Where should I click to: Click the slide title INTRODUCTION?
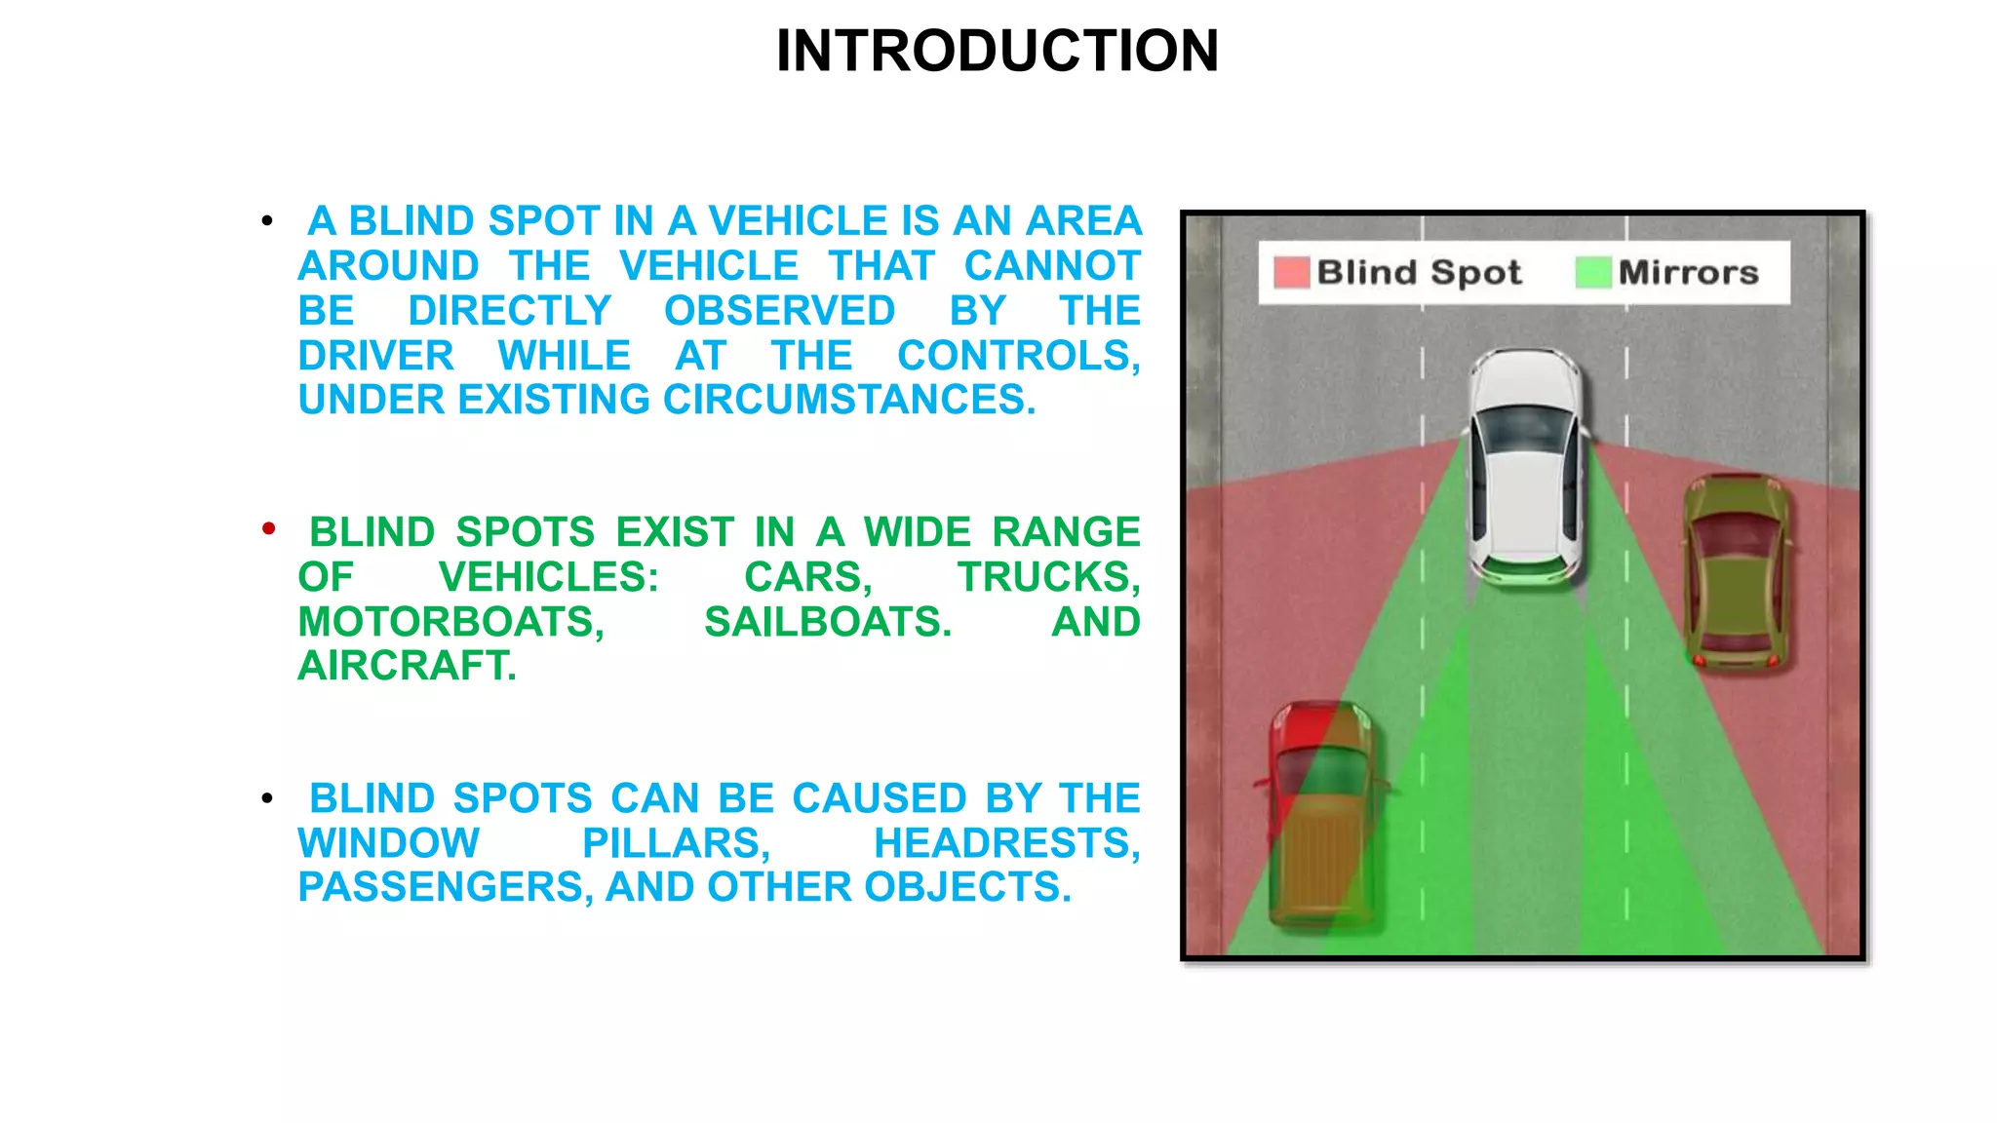click(x=998, y=51)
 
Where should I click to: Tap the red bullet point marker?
click(x=269, y=529)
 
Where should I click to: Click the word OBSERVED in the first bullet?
click(x=779, y=311)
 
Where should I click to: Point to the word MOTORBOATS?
click(x=450, y=622)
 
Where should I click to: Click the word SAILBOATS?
click(x=828, y=622)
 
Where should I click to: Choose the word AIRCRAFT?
click(x=407, y=666)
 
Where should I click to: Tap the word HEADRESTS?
click(x=1005, y=843)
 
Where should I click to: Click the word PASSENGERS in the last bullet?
click(x=445, y=887)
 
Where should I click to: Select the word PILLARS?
click(x=676, y=843)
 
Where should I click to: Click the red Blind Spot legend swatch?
click(x=1291, y=272)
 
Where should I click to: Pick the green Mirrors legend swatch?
click(x=1592, y=272)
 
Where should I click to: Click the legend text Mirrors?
click(x=1688, y=272)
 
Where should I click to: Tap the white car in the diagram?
click(x=1526, y=468)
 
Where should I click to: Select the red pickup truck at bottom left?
click(x=1322, y=814)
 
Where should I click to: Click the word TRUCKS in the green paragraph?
click(x=1047, y=577)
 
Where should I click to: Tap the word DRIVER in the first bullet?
click(x=375, y=356)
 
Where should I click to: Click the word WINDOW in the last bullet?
click(x=388, y=843)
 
